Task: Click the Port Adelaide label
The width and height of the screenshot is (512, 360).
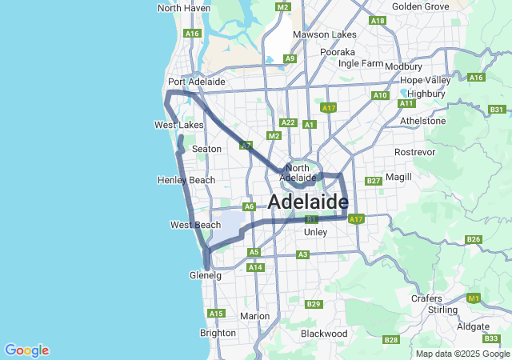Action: [196, 82]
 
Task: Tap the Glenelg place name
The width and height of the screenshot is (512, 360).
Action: [205, 275]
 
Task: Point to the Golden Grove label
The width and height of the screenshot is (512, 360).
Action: [420, 6]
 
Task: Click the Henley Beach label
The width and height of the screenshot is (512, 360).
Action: [186, 180]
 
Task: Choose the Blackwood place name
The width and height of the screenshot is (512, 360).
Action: [324, 333]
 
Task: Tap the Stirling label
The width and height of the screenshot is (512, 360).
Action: [442, 310]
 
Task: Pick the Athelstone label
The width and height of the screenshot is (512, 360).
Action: [423, 121]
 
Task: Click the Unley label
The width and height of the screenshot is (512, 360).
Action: [316, 232]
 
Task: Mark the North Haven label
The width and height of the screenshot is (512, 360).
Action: [184, 8]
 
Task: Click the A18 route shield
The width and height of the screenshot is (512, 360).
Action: [378, 21]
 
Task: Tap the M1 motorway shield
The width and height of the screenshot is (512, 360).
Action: [474, 298]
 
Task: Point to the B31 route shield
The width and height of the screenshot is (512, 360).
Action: [497, 110]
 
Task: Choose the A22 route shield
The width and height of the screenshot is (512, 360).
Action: [289, 123]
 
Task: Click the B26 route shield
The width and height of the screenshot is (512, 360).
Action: [473, 239]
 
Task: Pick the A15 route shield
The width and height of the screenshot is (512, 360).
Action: [215, 314]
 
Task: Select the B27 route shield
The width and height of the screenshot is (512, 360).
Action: [373, 182]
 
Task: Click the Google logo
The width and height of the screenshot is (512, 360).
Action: [26, 350]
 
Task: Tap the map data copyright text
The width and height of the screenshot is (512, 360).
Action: [462, 354]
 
